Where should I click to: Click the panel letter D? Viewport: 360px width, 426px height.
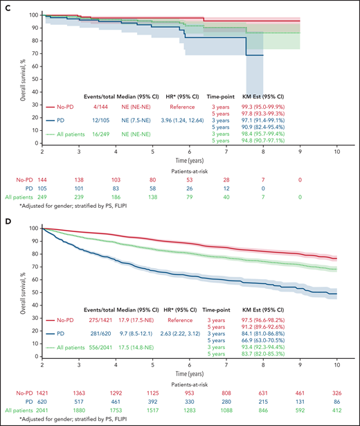7,220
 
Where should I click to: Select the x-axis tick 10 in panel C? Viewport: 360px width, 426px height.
337,152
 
